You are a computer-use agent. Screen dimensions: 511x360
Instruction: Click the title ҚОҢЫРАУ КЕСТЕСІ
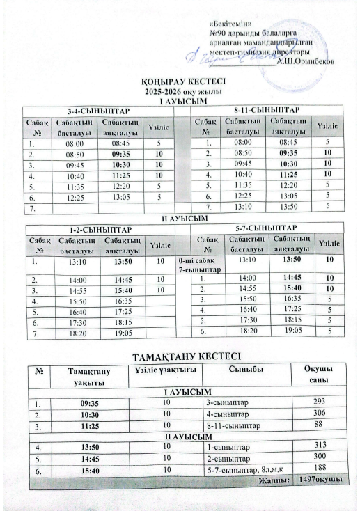(x=180, y=83)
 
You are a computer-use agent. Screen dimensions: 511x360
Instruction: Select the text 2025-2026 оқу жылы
(x=180, y=92)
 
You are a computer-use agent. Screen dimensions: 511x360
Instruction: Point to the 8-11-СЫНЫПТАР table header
(x=267, y=109)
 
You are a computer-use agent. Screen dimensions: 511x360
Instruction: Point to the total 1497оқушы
(x=320, y=480)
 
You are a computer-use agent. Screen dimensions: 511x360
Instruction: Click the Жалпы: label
(x=275, y=480)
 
